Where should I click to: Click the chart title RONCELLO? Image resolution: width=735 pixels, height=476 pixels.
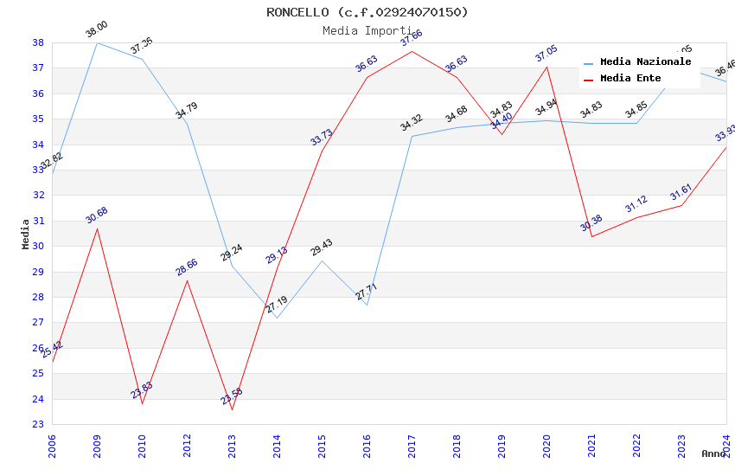pos(367,12)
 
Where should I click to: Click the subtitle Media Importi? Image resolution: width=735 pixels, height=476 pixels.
pos(367,30)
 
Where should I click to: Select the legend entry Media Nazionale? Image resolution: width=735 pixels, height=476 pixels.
pos(645,62)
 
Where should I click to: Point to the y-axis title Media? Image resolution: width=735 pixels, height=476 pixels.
pos(26,234)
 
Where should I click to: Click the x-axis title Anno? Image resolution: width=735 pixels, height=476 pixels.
pos(713,453)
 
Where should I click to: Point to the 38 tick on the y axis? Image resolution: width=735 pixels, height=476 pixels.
pos(38,42)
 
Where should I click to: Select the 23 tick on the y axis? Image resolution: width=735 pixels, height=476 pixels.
pos(38,424)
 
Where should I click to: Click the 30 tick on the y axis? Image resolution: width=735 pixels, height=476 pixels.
pos(38,246)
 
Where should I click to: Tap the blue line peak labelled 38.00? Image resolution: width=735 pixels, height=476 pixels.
pos(97,42)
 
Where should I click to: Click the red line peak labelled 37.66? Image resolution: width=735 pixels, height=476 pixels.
pos(412,51)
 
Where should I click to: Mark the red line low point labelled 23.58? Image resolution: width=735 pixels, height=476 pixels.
pos(232,409)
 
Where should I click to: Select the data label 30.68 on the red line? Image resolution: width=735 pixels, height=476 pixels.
pos(97,216)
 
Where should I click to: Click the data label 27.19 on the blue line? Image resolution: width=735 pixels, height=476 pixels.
pos(277,305)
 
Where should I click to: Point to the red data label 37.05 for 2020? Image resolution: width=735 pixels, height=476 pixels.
pos(546,55)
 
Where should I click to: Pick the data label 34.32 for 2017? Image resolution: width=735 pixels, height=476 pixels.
pos(412,124)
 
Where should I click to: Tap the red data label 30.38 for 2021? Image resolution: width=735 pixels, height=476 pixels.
pos(591,224)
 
